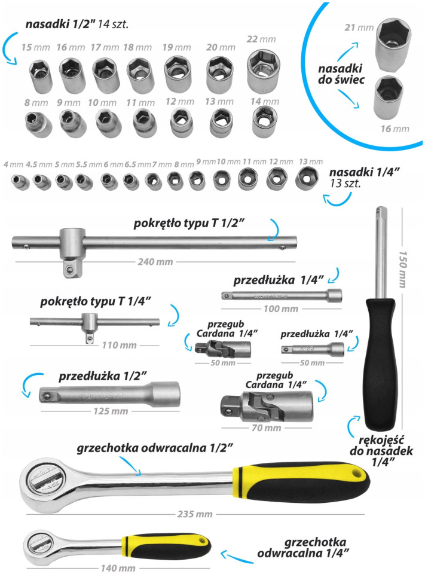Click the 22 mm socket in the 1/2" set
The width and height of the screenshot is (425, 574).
tap(264, 69)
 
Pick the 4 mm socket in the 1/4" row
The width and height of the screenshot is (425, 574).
tap(20, 182)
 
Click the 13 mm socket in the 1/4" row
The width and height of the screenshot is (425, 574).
tap(307, 178)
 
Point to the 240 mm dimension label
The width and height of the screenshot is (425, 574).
tap(155, 262)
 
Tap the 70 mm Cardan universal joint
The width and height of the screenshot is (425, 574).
tap(267, 406)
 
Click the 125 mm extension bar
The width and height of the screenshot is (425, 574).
tap(109, 394)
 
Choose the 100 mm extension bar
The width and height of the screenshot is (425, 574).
tap(282, 295)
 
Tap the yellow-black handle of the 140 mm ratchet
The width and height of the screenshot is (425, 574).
tap(167, 544)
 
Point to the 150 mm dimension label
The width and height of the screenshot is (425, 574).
tap(403, 270)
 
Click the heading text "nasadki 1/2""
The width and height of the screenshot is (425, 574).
tap(60, 25)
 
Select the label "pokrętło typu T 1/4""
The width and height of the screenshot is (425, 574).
tap(96, 301)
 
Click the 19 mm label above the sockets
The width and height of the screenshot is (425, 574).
tap(177, 47)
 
